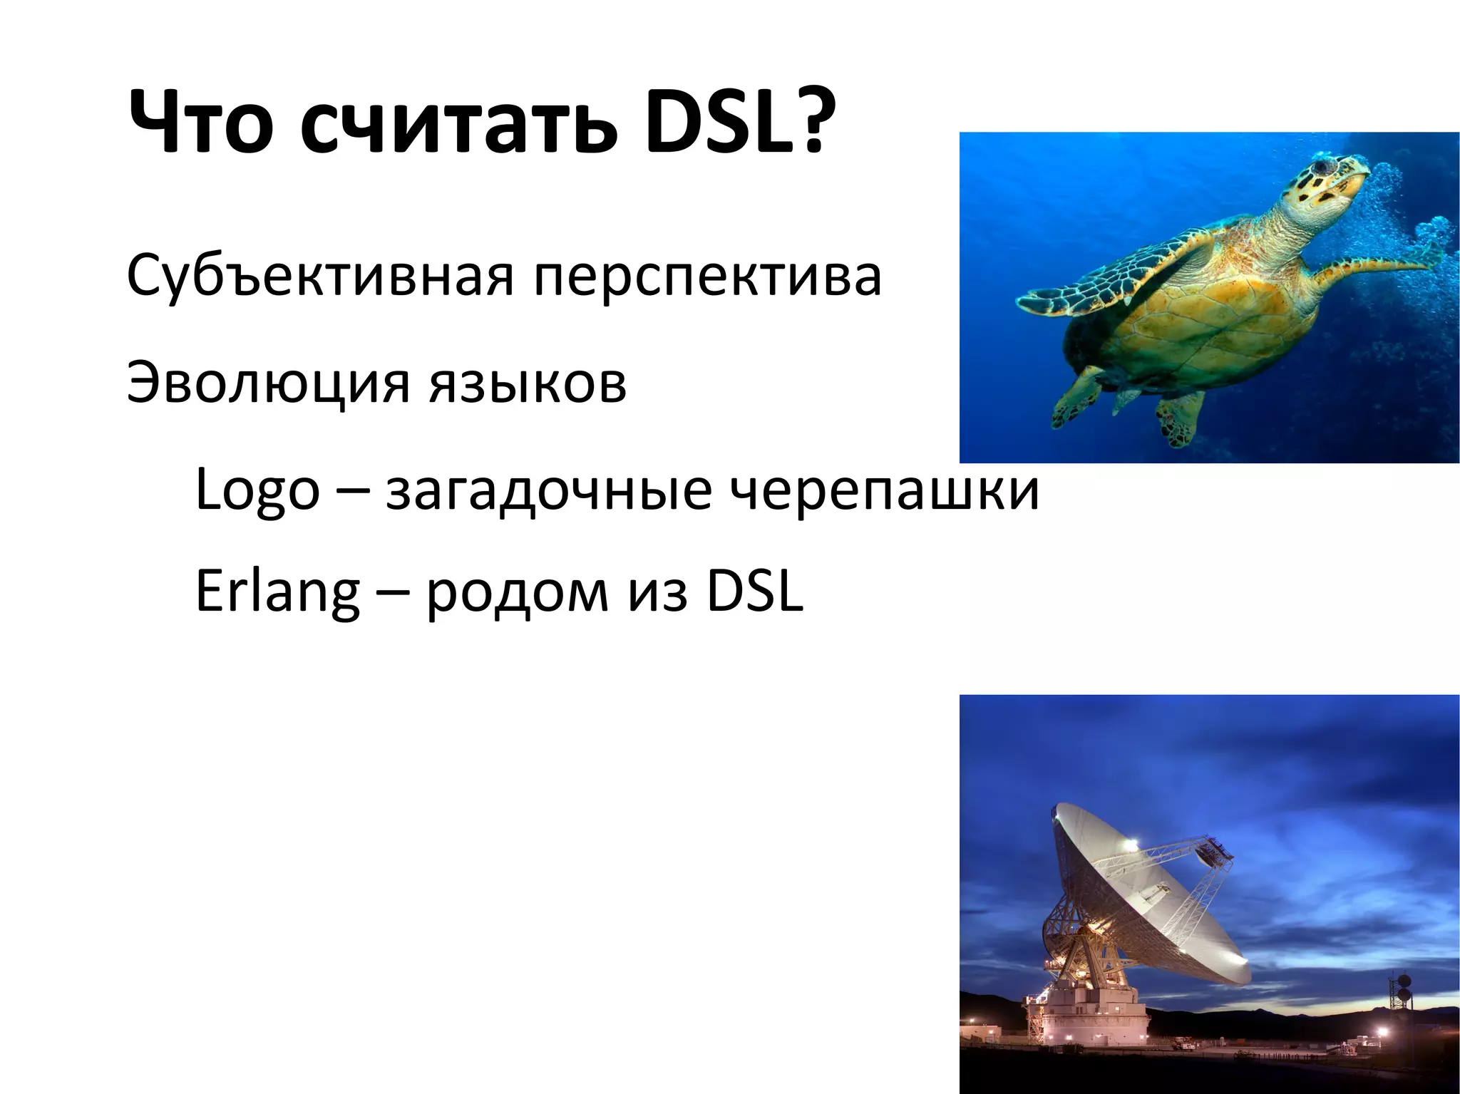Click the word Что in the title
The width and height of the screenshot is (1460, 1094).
(x=200, y=123)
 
